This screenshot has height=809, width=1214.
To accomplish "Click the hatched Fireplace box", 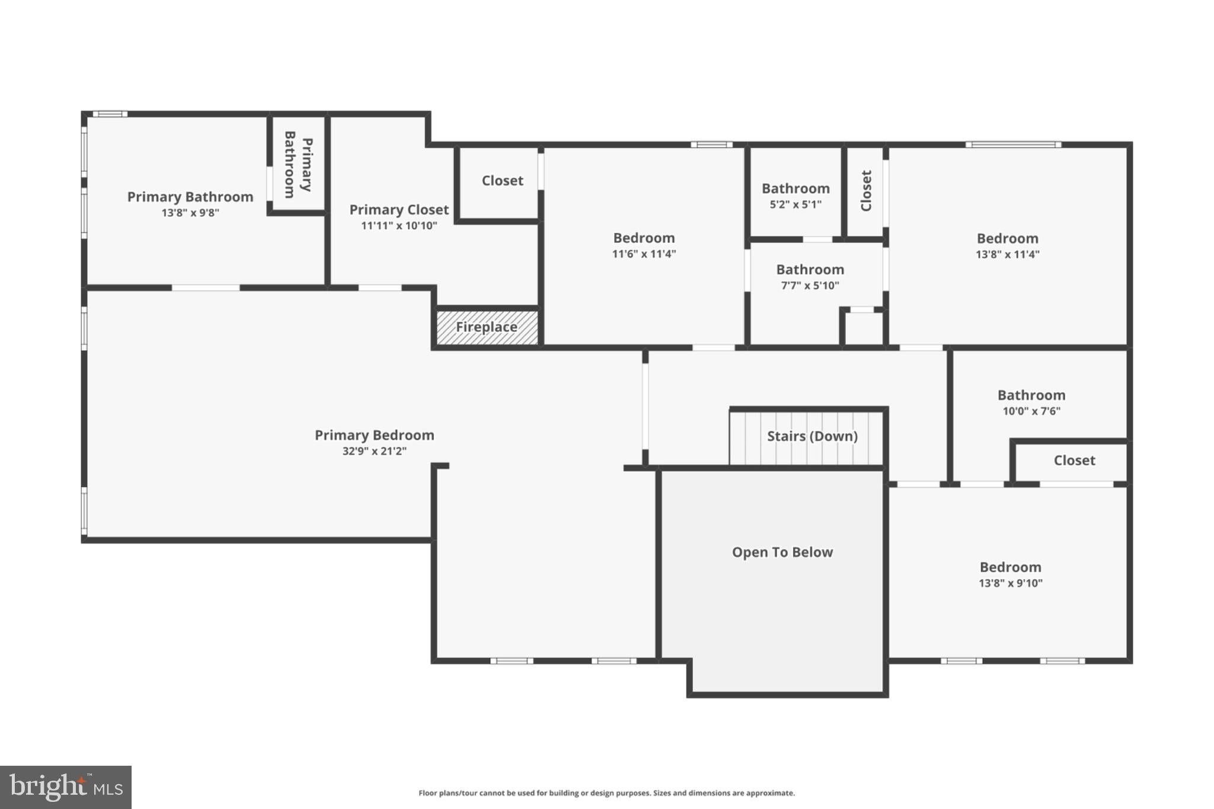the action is [x=487, y=327].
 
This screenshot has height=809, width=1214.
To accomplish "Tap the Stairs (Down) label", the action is [x=812, y=436].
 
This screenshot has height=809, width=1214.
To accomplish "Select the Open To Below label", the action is [x=782, y=552].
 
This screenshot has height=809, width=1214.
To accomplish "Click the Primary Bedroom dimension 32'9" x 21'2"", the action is [x=375, y=451].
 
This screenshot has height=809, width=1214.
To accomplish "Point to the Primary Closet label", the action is [x=399, y=210].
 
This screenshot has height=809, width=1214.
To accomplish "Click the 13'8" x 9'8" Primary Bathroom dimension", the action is [x=190, y=213].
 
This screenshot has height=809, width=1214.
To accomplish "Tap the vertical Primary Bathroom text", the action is [x=298, y=165].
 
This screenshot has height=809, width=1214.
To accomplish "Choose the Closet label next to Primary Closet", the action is [x=503, y=181].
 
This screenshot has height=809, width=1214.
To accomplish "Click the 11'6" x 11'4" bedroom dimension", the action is [x=644, y=254].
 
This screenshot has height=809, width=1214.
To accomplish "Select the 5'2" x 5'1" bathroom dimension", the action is [x=796, y=204].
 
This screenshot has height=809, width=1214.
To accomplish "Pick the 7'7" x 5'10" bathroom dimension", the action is [x=810, y=286].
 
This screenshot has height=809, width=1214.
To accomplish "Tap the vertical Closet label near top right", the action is [x=866, y=191].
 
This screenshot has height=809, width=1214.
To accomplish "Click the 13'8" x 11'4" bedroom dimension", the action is [x=1008, y=255].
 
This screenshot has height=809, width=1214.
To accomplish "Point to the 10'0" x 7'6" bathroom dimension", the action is [x=1031, y=411].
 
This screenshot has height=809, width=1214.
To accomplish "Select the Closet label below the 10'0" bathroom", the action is [x=1074, y=461].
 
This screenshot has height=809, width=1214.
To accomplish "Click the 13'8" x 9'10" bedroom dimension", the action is [x=1011, y=583].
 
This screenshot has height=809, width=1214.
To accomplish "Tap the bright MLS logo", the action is [x=66, y=787].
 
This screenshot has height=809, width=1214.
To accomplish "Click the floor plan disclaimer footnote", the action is [x=606, y=793].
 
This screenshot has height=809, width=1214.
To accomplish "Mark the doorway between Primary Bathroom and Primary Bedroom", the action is [x=206, y=288].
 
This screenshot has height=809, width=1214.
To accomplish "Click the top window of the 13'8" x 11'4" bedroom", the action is [x=1013, y=145].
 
